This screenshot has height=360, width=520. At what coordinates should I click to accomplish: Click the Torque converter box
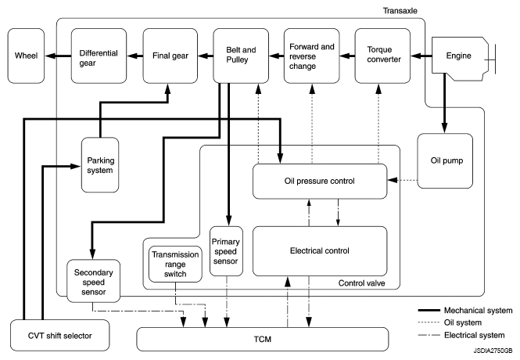pyautogui.click(x=382, y=56)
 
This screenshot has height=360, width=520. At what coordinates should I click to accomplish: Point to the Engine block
pyautogui.click(x=457, y=56)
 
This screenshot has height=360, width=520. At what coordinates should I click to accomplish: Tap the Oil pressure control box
pyautogui.click(x=320, y=181)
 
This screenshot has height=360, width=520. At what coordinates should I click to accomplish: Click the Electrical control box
pyautogui.click(x=320, y=250)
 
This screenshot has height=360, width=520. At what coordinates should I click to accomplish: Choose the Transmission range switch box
pyautogui.click(x=176, y=264)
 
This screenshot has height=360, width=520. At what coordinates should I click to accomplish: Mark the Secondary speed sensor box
pyautogui.click(x=93, y=279)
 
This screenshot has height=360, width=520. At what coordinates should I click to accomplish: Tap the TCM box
pyautogui.click(x=262, y=339)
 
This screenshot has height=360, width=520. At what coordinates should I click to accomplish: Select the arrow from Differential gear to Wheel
pyautogui.click(x=56, y=56)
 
